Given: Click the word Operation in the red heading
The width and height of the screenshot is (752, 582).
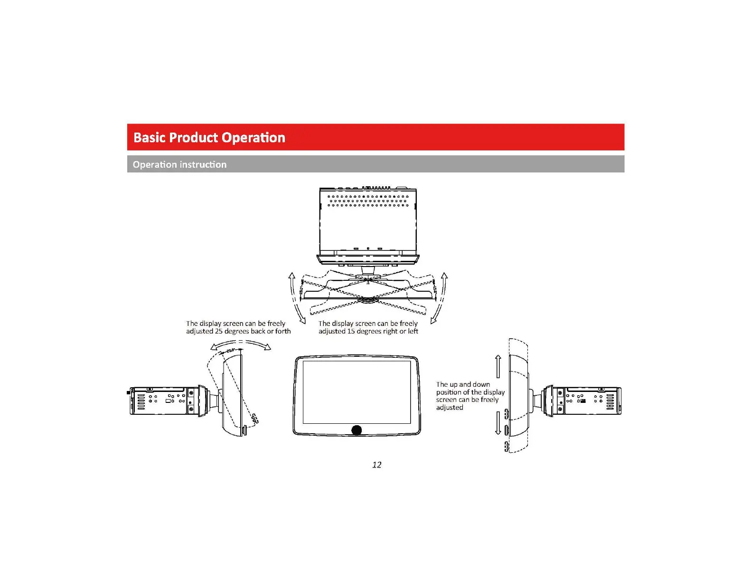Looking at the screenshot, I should pyautogui.click(x=253, y=138).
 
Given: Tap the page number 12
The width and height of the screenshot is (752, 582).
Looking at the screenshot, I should pyautogui.click(x=376, y=465).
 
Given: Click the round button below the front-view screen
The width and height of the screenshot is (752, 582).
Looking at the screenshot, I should pyautogui.click(x=357, y=430).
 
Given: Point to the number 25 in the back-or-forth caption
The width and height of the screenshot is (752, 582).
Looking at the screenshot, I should pyautogui.click(x=218, y=331).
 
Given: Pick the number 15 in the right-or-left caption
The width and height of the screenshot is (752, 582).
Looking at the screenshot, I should pyautogui.click(x=351, y=331).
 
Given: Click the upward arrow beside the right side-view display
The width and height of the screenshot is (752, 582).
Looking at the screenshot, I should pyautogui.click(x=498, y=366).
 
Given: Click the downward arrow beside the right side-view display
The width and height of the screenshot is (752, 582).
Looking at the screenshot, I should pyautogui.click(x=498, y=423).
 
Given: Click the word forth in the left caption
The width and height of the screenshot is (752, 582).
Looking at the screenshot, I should pyautogui.click(x=283, y=331).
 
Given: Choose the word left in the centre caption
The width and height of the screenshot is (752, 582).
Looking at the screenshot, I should pyautogui.click(x=413, y=331).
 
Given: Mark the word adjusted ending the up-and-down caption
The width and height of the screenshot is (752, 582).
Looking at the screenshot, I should pyautogui.click(x=450, y=408).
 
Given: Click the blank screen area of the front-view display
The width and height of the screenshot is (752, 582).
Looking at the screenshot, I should pyautogui.click(x=357, y=392).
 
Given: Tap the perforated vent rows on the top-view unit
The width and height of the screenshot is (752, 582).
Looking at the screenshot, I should pyautogui.click(x=368, y=200).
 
